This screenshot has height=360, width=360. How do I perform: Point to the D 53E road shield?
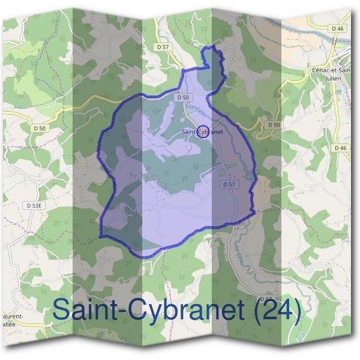(35, 205)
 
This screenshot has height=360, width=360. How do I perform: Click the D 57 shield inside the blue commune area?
(229, 185)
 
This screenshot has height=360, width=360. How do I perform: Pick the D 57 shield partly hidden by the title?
(265, 298)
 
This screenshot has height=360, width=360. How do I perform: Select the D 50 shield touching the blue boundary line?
(183, 97)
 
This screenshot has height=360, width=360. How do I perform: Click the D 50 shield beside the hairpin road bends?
(274, 124)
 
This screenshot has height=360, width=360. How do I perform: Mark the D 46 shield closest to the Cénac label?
(339, 45)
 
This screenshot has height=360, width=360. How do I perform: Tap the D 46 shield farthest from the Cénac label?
(341, 148)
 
